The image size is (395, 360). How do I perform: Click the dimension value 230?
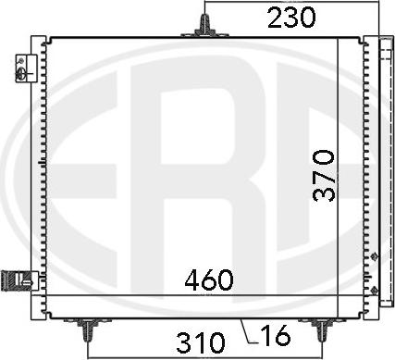click(291, 17)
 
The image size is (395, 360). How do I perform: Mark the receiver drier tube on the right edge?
click(383, 167)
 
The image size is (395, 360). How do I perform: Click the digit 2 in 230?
click(274, 17)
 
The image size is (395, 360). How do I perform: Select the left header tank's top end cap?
click(36, 41)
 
